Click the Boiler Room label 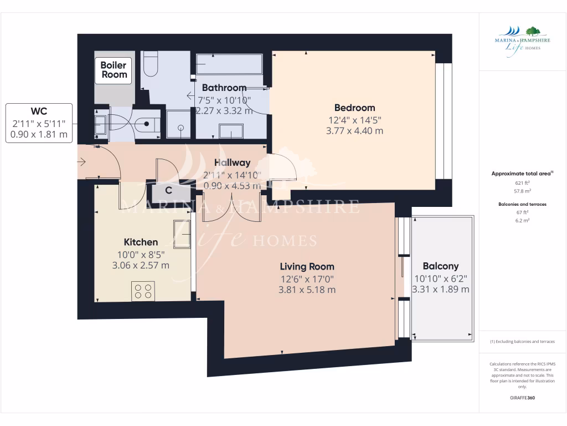coord(114,70)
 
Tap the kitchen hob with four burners coord(143,291)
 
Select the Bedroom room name coord(354,108)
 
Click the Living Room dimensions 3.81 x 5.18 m coord(307,290)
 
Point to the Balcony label coord(440,266)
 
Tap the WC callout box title coord(39,111)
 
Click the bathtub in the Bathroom coord(229,64)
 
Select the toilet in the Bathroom coord(150,65)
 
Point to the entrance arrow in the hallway coord(82,163)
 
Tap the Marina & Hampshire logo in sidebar coord(522,39)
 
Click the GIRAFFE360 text coord(522,398)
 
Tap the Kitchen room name coord(141,242)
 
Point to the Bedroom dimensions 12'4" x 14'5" coord(354,120)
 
